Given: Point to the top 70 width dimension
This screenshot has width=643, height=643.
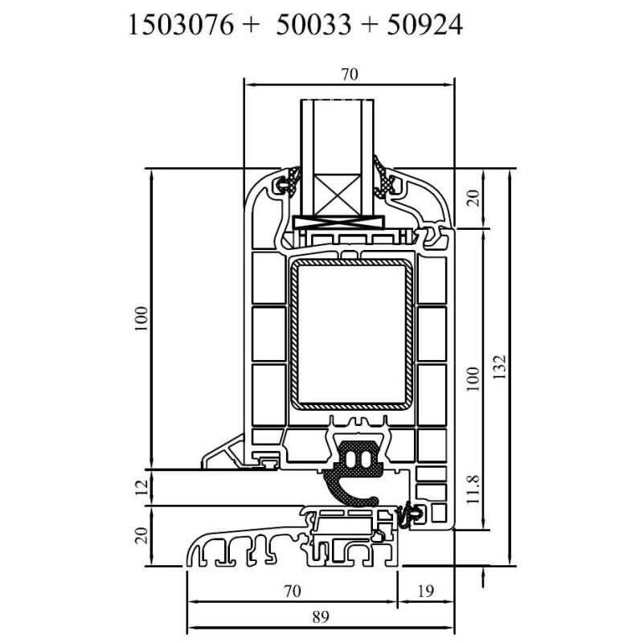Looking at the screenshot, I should click(x=348, y=75).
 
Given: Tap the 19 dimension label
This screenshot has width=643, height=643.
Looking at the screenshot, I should click(x=426, y=592).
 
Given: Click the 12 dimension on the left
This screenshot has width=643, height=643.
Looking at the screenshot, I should click(x=141, y=487).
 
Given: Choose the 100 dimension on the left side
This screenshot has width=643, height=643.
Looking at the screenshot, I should click(x=141, y=319).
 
